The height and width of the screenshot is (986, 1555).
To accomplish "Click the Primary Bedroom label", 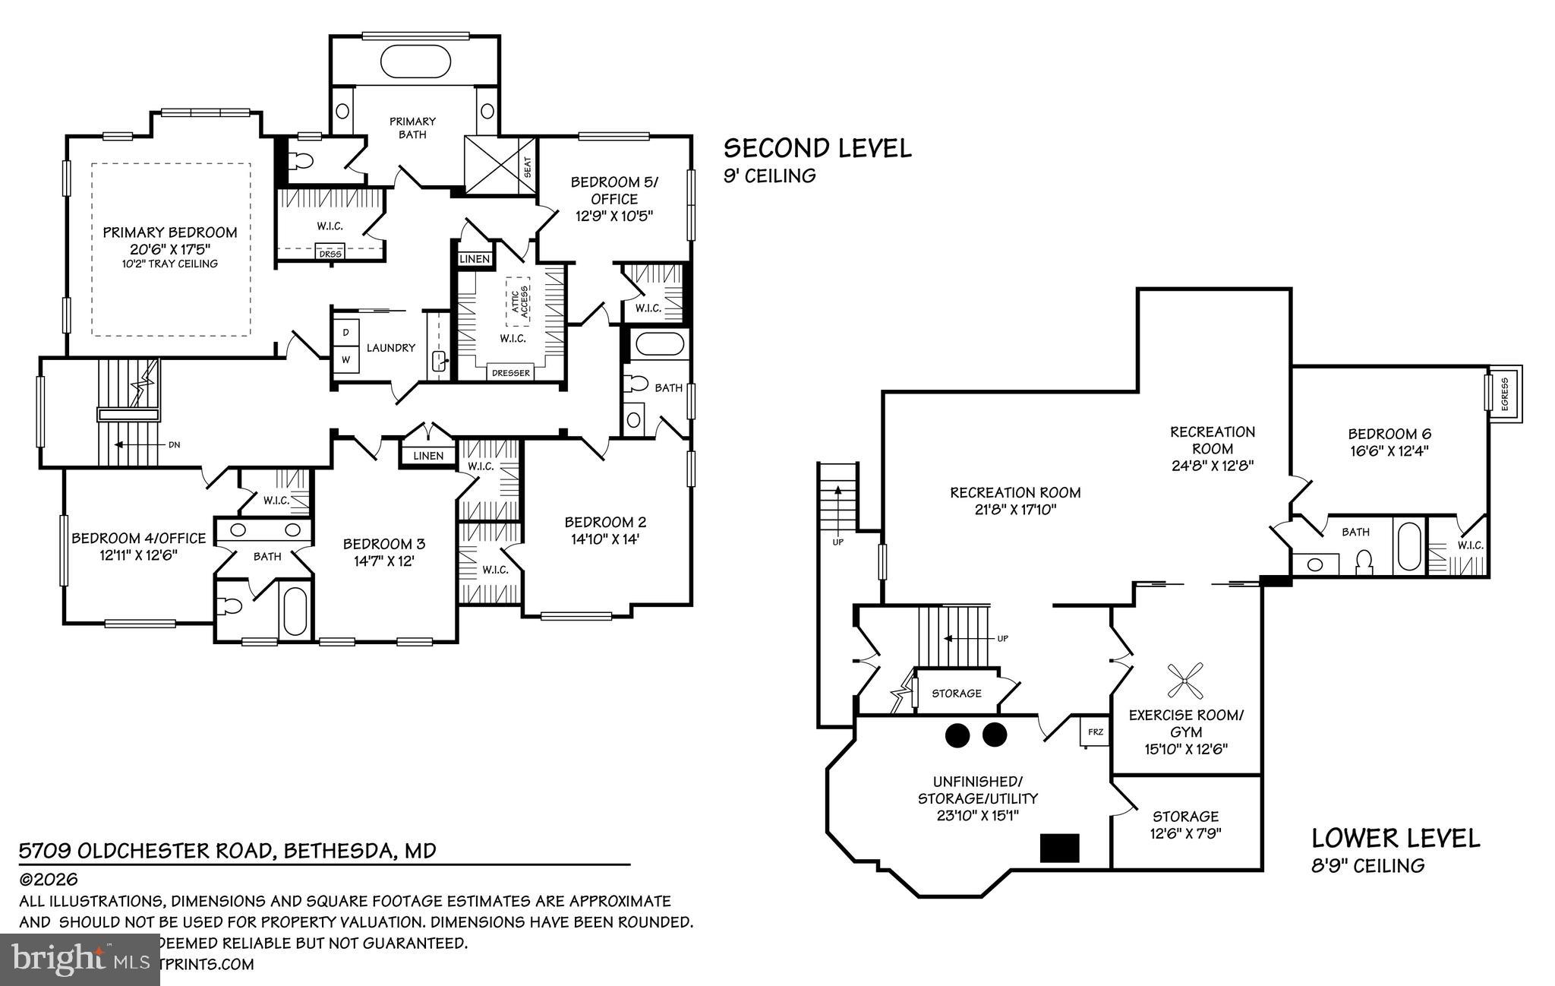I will (170, 232).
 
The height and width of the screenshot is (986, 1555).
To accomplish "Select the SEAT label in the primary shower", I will (527, 167).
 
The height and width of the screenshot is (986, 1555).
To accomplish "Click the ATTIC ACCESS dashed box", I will (519, 302).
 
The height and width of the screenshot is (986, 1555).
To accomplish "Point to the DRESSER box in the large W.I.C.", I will (511, 373).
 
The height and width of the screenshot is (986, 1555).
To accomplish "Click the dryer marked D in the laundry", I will (346, 333).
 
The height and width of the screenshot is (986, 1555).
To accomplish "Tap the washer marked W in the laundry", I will (346, 359).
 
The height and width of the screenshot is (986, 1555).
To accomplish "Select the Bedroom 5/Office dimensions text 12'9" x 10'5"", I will (614, 216).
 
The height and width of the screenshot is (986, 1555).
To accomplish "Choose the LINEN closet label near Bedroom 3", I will (428, 456).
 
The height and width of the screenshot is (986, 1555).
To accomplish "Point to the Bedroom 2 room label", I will (605, 523).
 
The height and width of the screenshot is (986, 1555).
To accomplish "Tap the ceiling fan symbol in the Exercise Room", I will (1185, 681).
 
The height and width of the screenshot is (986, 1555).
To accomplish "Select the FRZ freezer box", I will (1095, 732).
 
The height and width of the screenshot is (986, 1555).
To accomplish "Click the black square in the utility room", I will (1059, 848).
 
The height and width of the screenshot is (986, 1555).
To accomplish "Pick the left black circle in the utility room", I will (957, 734).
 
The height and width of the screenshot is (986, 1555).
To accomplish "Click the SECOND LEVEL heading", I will (817, 148).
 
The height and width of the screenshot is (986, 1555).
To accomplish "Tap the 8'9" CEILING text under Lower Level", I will (1368, 865).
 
